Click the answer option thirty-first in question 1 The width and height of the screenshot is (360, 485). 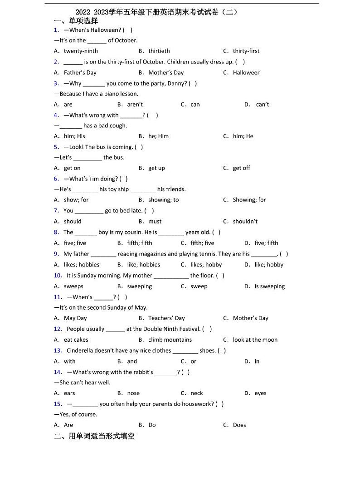click(246, 51)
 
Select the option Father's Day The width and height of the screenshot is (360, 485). click(80, 73)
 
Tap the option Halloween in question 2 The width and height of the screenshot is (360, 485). click(247, 73)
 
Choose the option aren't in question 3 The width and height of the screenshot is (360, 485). click(135, 105)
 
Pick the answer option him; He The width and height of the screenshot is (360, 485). click(243, 136)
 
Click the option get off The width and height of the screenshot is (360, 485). click(241, 168)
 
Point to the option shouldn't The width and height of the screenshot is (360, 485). click(245, 222)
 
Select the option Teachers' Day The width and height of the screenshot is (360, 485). click(166, 318)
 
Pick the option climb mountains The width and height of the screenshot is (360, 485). click(170, 340)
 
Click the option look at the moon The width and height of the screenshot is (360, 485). click(255, 340)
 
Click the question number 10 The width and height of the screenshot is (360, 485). click(58, 276)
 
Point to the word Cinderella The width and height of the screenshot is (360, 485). click(83, 351)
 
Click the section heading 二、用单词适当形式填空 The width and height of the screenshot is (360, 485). click(94, 436)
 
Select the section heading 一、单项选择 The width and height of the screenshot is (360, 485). click(76, 21)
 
